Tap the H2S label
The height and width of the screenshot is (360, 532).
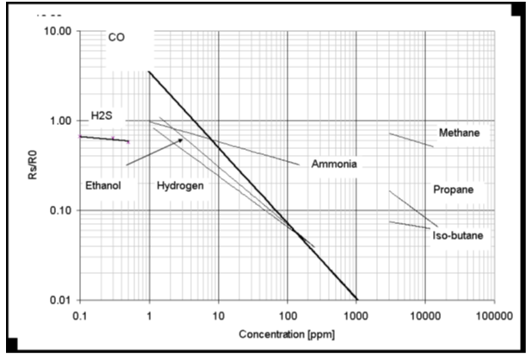(103, 115)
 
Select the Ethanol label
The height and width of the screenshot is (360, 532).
(103, 185)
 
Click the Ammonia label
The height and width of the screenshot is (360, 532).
(334, 164)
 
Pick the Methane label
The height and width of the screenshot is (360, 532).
(459, 133)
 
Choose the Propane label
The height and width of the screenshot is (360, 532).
(454, 189)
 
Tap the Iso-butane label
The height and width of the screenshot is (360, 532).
(457, 235)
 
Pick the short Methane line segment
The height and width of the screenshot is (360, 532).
(411, 140)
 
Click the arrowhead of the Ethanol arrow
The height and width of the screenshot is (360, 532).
(180, 140)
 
